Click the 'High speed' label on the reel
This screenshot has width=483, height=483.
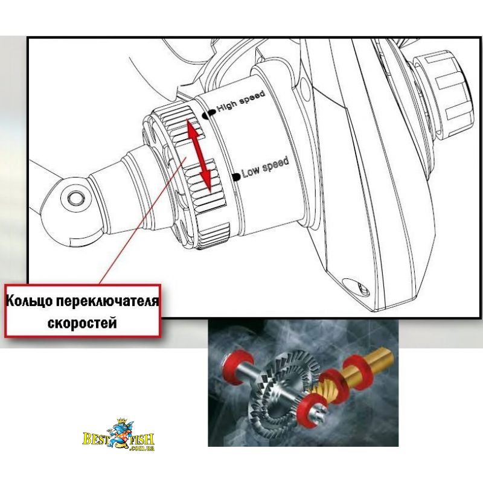241,101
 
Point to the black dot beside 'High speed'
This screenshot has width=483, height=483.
209,114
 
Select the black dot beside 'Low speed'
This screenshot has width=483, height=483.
236,177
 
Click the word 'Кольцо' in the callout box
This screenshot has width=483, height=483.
29,301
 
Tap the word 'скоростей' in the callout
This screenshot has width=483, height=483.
82,323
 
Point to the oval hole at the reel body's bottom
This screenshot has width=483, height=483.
356,287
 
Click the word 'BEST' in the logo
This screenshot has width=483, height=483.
96,439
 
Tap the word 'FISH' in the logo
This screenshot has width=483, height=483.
141,440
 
